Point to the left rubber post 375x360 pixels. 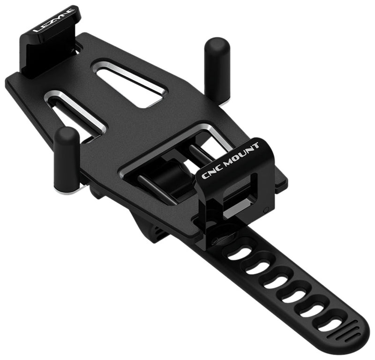(67, 157)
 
